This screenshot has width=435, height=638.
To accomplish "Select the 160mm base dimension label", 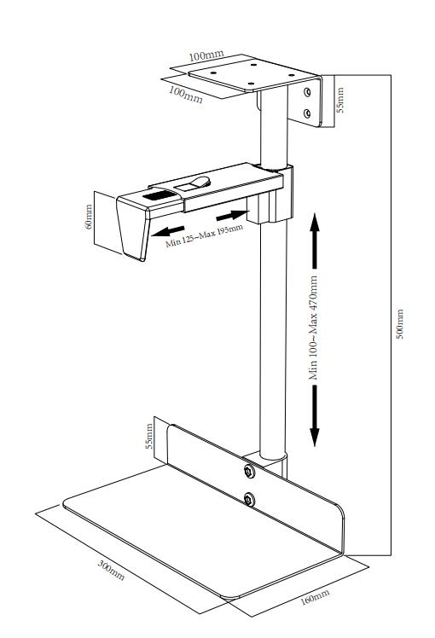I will click(315, 596).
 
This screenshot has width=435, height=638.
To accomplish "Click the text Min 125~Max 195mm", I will click(204, 236).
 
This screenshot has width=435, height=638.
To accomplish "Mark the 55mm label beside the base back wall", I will click(149, 435).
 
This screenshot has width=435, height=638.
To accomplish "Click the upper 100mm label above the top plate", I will click(206, 56).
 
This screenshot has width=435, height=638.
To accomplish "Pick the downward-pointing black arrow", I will click(314, 418).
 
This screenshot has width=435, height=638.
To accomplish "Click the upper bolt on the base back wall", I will click(248, 472).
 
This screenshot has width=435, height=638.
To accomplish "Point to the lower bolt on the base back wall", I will click(248, 500).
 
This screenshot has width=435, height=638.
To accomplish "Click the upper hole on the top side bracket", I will click(307, 90).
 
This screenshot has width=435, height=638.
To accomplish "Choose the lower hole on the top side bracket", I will click(307, 112).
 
